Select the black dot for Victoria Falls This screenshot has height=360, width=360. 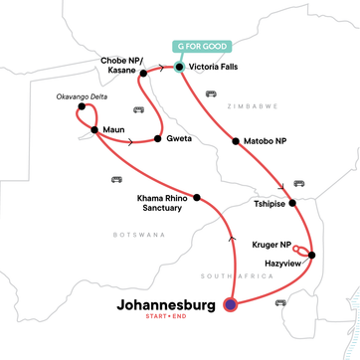179,68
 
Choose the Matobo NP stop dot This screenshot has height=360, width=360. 235,141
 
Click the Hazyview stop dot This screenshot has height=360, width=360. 311,257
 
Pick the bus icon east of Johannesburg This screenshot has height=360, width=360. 279,302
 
